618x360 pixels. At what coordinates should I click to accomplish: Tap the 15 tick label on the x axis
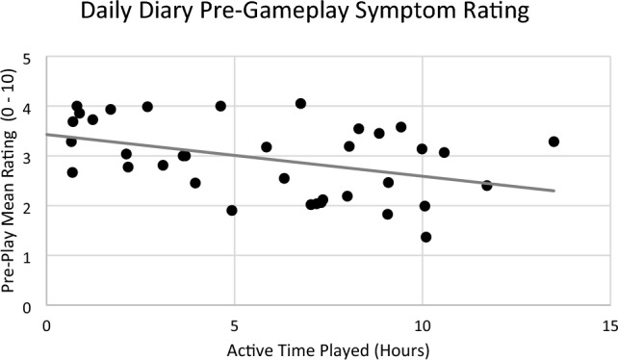(607, 324)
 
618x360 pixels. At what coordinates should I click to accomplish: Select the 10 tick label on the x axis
(421, 324)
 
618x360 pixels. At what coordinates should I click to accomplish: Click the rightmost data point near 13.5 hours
(554, 141)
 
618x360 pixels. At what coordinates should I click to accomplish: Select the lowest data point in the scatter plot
(425, 237)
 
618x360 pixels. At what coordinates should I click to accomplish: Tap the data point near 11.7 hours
(486, 185)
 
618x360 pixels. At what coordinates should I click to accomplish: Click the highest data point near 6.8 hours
(300, 104)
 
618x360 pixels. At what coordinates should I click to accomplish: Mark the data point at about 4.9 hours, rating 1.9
(232, 210)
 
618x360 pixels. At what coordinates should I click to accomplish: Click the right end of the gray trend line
(554, 191)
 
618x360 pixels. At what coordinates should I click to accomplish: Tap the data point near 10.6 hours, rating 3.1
(444, 152)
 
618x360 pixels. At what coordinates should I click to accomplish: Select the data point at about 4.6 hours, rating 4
(220, 106)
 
